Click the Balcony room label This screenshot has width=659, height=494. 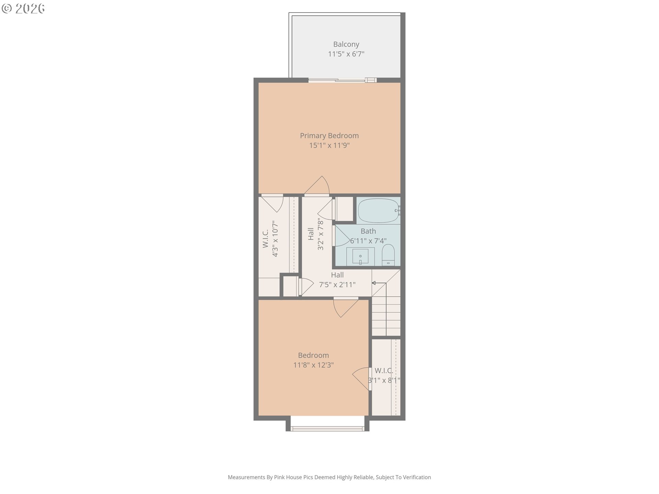click(346, 44)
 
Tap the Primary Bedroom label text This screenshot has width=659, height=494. click(329, 136)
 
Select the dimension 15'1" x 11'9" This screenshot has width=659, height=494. click(329, 145)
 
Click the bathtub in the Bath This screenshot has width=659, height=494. click(379, 210)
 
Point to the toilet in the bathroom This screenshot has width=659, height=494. click(389, 254)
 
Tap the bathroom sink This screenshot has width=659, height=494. click(360, 256)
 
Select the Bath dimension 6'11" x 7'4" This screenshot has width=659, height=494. click(368, 241)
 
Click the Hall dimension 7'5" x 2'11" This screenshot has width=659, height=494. click(337, 284)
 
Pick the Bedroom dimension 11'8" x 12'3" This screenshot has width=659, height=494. click(313, 365)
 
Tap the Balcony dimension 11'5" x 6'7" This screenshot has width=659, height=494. click(346, 54)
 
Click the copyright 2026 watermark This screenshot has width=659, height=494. click(23, 8)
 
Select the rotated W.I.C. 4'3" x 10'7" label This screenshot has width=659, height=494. click(270, 238)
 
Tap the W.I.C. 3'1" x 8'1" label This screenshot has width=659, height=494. click(384, 375)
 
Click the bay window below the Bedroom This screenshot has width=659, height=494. click(327, 428)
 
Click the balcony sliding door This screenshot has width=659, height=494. click(342, 80)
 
